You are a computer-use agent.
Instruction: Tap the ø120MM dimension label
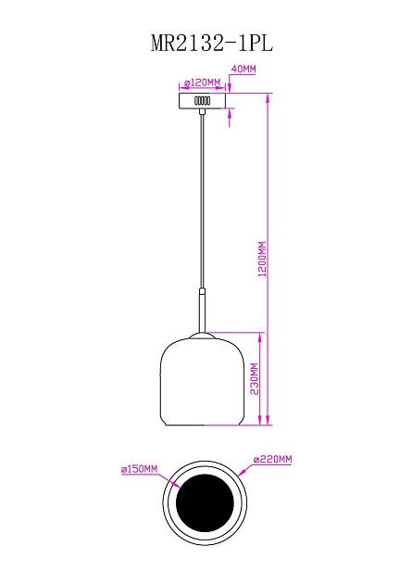click(202, 82)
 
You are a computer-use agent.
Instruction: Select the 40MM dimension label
click(243, 70)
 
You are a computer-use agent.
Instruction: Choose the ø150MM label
click(139, 470)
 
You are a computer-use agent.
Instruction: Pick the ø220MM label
click(273, 460)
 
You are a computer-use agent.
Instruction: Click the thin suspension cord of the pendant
click(202, 204)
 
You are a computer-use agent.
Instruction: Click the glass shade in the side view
click(202, 385)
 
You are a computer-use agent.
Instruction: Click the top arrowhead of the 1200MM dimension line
click(268, 95)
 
